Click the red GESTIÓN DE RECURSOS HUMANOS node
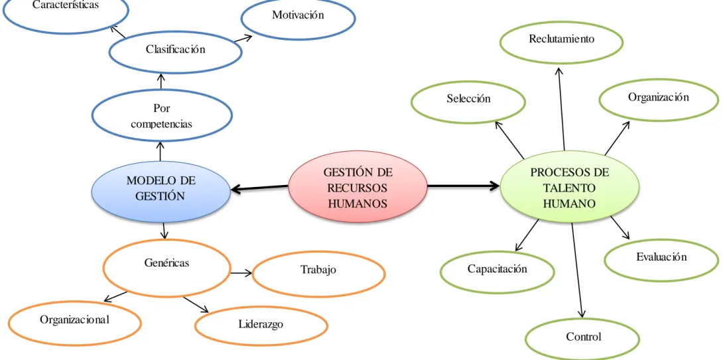tap(358, 187)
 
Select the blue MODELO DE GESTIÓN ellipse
tap(161, 191)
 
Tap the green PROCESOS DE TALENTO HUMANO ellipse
tap(570, 187)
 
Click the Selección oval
tap(468, 102)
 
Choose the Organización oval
tap(659, 99)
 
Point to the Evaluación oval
tap(661, 260)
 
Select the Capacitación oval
tap(497, 272)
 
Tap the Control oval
tap(583, 339)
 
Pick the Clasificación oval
tap(175, 52)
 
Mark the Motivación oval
tap(298, 19)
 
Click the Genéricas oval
tap(166, 267)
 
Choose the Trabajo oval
tap(318, 273)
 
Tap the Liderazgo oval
tap(261, 327)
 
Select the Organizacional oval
tap(75, 323)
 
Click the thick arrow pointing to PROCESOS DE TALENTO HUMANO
tap(463, 186)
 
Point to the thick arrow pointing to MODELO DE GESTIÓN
tap(259, 188)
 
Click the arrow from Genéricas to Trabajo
tap(241, 273)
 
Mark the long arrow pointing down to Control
tap(578, 270)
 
